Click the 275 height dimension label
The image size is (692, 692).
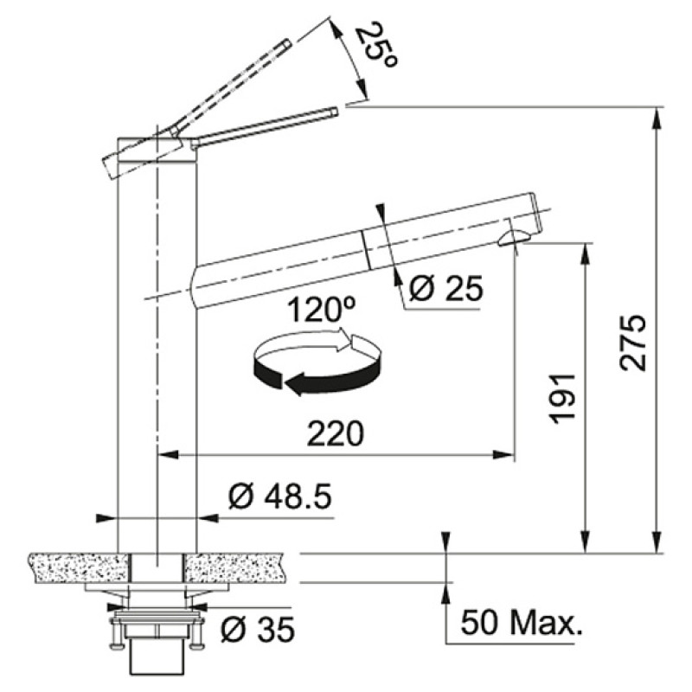(x=633, y=343)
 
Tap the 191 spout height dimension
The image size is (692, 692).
(x=563, y=400)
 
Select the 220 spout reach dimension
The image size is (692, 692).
(x=336, y=433)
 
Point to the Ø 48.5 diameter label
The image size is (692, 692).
(x=279, y=496)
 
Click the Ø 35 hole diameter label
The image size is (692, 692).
(x=257, y=629)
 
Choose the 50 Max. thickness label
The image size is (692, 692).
(x=522, y=622)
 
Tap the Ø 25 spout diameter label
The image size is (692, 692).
(x=445, y=289)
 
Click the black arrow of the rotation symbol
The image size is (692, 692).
(x=317, y=376)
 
